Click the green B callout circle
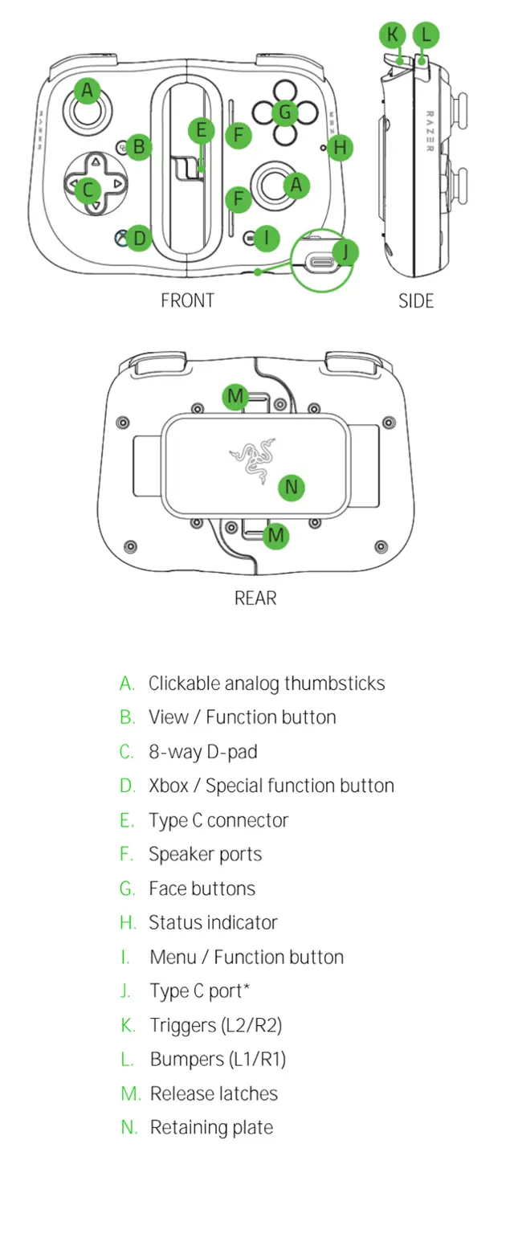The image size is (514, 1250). pyautogui.click(x=139, y=147)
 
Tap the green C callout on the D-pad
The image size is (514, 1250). pyautogui.click(x=88, y=190)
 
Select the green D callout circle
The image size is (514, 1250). pyautogui.click(x=139, y=237)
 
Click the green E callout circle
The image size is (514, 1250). pyautogui.click(x=202, y=131)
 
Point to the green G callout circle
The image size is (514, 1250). pyautogui.click(x=284, y=112)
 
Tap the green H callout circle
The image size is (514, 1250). pyautogui.click(x=341, y=147)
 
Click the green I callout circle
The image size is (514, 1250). pyautogui.click(x=267, y=237)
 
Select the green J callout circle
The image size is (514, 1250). pyautogui.click(x=345, y=251)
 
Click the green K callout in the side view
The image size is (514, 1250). pyautogui.click(x=392, y=35)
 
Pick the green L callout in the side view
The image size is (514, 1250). pyautogui.click(x=426, y=35)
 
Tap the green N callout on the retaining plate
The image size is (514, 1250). pyautogui.click(x=292, y=487)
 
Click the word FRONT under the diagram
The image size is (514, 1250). pyautogui.click(x=187, y=301)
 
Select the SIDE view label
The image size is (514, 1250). pyautogui.click(x=416, y=301)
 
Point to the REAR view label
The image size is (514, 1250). pyautogui.click(x=255, y=598)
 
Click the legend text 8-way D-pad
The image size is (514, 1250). pyautogui.click(x=202, y=752)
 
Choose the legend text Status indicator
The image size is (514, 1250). pyautogui.click(x=213, y=923)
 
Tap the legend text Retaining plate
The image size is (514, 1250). pyautogui.click(x=211, y=1128)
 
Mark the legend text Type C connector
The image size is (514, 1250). pyautogui.click(x=218, y=820)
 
